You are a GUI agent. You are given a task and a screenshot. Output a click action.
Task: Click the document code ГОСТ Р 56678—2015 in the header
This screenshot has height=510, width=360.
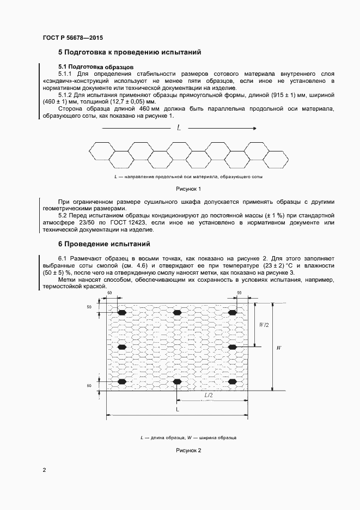point(72,38)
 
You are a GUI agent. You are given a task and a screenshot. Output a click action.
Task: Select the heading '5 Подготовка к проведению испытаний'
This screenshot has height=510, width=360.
point(130,53)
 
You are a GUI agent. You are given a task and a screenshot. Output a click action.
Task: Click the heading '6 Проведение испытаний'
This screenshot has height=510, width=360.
point(104,244)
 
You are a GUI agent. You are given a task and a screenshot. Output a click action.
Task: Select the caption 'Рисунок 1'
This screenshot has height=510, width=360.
point(188,189)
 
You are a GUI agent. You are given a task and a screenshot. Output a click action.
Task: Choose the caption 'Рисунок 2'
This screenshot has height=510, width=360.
point(188,450)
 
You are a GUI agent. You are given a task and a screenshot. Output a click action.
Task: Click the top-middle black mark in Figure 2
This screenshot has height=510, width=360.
point(177,313)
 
